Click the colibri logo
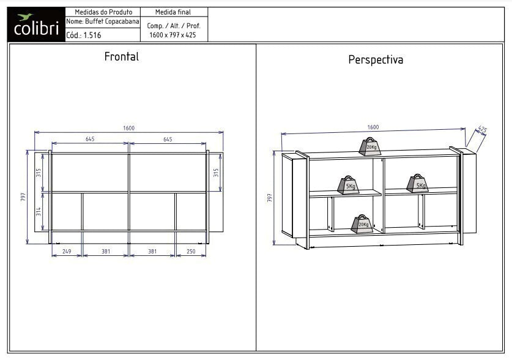[36, 25]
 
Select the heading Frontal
[122, 56]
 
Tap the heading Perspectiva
[376, 60]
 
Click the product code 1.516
[92, 36]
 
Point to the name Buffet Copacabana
[112, 21]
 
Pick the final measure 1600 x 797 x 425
[173, 35]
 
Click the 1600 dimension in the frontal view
[128, 128]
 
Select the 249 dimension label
[67, 251]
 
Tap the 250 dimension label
[191, 251]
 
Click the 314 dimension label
[39, 211]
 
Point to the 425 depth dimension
[482, 129]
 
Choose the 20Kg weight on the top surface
[370, 147]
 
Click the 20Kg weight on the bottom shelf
[362, 224]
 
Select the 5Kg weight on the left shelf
[349, 186]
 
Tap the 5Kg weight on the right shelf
[418, 183]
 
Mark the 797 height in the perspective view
[270, 198]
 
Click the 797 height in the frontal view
[23, 197]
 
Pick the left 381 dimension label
[106, 251]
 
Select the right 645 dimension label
[168, 140]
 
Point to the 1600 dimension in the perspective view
[373, 127]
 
